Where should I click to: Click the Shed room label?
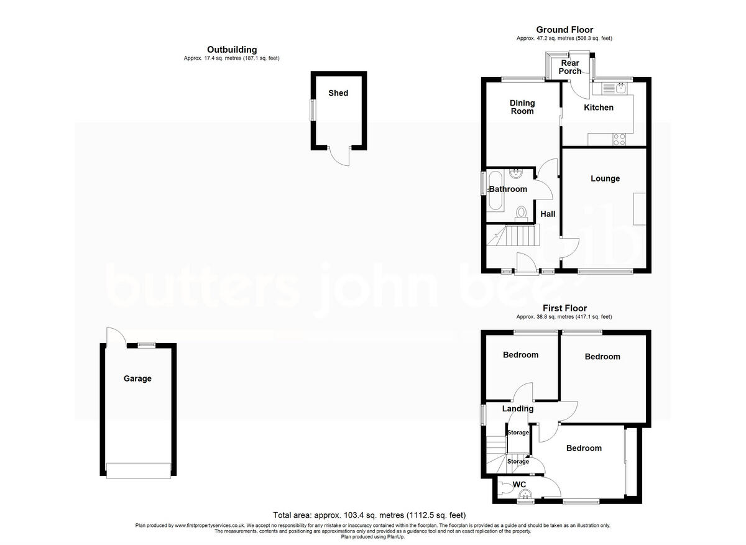(x=338, y=93)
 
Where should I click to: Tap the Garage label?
(x=137, y=378)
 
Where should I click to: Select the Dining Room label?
(x=522, y=107)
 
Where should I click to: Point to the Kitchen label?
(x=598, y=108)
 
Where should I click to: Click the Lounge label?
(x=605, y=178)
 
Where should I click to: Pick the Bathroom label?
(x=508, y=189)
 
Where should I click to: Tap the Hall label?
(x=548, y=214)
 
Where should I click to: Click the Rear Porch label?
(x=570, y=66)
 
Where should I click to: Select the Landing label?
(x=518, y=408)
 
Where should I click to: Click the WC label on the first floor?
(x=519, y=485)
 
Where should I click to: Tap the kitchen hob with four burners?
(x=619, y=140)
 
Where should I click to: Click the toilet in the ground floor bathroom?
(x=522, y=214)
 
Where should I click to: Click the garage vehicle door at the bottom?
(x=137, y=470)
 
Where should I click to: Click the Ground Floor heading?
(x=564, y=30)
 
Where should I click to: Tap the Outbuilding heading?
(x=232, y=50)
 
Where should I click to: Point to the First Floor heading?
(x=564, y=308)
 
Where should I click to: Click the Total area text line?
(x=369, y=515)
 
